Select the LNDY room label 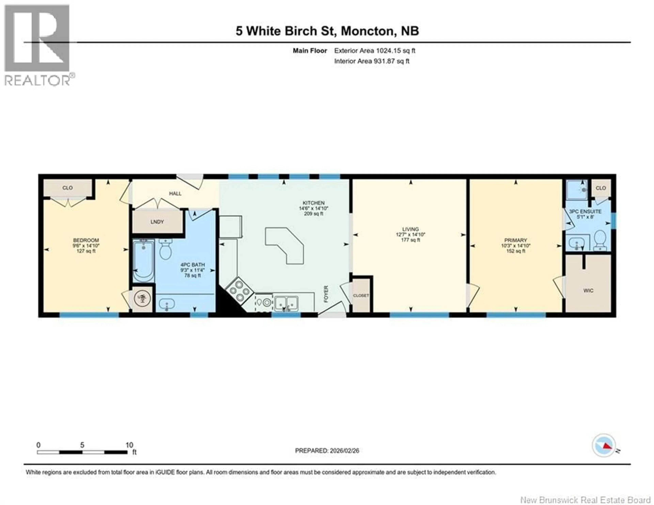157,222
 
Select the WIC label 588,290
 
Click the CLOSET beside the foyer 361,295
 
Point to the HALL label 175,194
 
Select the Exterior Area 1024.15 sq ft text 375,51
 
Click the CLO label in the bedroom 67,188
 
